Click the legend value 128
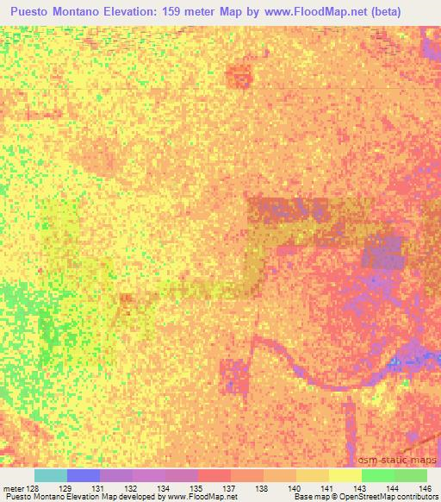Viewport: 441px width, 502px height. (32, 487)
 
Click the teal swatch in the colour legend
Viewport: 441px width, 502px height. (50, 475)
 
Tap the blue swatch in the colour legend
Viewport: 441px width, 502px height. (83, 475)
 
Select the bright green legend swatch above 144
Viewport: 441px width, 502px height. (377, 475)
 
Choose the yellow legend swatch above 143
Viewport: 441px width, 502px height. (345, 475)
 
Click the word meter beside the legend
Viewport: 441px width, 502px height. (12, 487)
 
